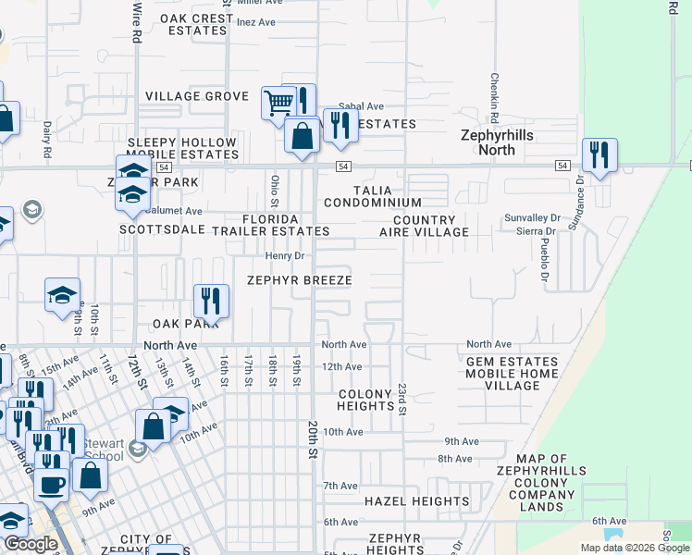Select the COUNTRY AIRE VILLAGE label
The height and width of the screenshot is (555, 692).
pos(424,227)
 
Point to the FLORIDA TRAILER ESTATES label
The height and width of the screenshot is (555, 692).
pos(285,225)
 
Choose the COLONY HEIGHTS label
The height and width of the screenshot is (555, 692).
pos(365,400)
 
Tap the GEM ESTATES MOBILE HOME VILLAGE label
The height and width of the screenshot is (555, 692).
pos(512,374)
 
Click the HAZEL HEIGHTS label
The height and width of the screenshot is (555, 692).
pos(416,501)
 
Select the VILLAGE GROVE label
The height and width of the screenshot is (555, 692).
pos(197,96)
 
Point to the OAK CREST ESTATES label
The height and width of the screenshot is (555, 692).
pos(197,24)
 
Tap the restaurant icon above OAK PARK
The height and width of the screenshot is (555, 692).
pos(211,300)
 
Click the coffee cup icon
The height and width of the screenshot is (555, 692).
pos(51,483)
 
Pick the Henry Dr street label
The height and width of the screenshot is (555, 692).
pos(285,255)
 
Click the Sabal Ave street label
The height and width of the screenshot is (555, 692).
pos(361,107)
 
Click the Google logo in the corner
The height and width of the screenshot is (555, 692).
pos(31,544)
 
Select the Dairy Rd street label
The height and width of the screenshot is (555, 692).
pos(46,138)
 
